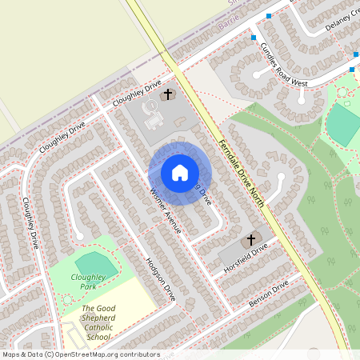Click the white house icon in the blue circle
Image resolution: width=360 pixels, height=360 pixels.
(x=180, y=173)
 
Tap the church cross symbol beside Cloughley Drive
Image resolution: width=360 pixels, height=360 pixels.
(x=168, y=94)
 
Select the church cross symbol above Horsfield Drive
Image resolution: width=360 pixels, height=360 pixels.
(x=250, y=239)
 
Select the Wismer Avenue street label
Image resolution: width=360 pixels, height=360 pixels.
(x=165, y=210)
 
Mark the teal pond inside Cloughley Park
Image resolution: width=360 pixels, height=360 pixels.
(x=94, y=263)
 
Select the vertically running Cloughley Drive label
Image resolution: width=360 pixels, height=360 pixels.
(x=30, y=223)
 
